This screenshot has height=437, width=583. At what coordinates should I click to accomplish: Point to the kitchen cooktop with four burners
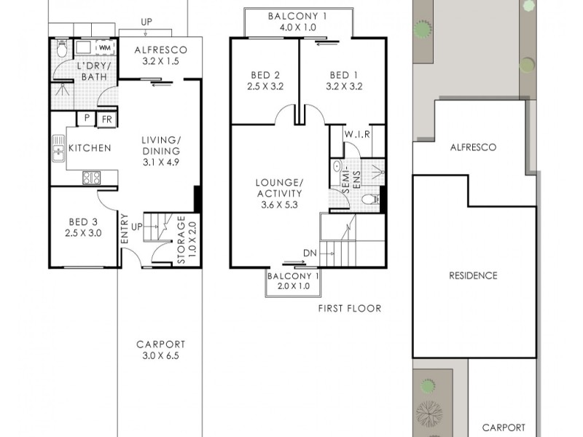pyautogui.click(x=91, y=177)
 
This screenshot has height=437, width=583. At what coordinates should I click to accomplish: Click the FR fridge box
pyautogui.click(x=106, y=119)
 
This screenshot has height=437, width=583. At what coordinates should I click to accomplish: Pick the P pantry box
pyautogui.click(x=87, y=119)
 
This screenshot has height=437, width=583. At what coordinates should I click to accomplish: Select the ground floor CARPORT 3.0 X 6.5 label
pyautogui.click(x=161, y=350)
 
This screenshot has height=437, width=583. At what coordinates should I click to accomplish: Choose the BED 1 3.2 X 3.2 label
pyautogui.click(x=339, y=80)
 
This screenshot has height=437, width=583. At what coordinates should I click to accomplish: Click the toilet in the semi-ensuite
pyautogui.click(x=370, y=199)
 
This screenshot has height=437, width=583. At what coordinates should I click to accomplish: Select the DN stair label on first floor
pyautogui.click(x=309, y=253)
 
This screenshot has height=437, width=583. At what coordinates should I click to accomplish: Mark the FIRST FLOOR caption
pyautogui.click(x=350, y=308)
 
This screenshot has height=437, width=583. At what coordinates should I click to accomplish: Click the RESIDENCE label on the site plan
pyautogui.click(x=472, y=275)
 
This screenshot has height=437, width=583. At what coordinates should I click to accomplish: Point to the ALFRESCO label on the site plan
pyautogui.click(x=472, y=147)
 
